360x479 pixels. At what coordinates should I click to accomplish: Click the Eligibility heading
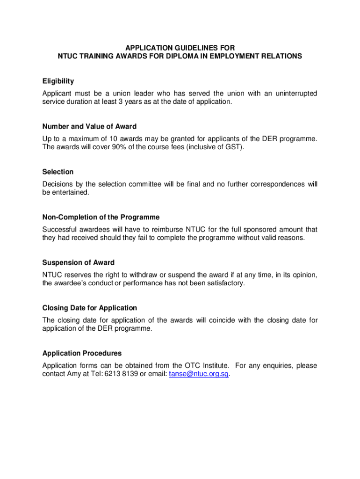pos(58,81)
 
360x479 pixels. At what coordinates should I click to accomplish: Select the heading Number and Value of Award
pos(89,127)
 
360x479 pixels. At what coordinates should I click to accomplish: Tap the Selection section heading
pos(58,172)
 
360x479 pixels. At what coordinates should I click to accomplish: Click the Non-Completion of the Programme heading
pos(101,218)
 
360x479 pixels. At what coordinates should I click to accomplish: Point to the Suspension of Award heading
pos(79,263)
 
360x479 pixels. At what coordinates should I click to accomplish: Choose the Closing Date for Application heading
pos(90,308)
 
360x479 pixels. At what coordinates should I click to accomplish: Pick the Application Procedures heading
pos(82,354)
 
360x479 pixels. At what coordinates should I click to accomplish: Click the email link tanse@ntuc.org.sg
pos(198,375)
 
